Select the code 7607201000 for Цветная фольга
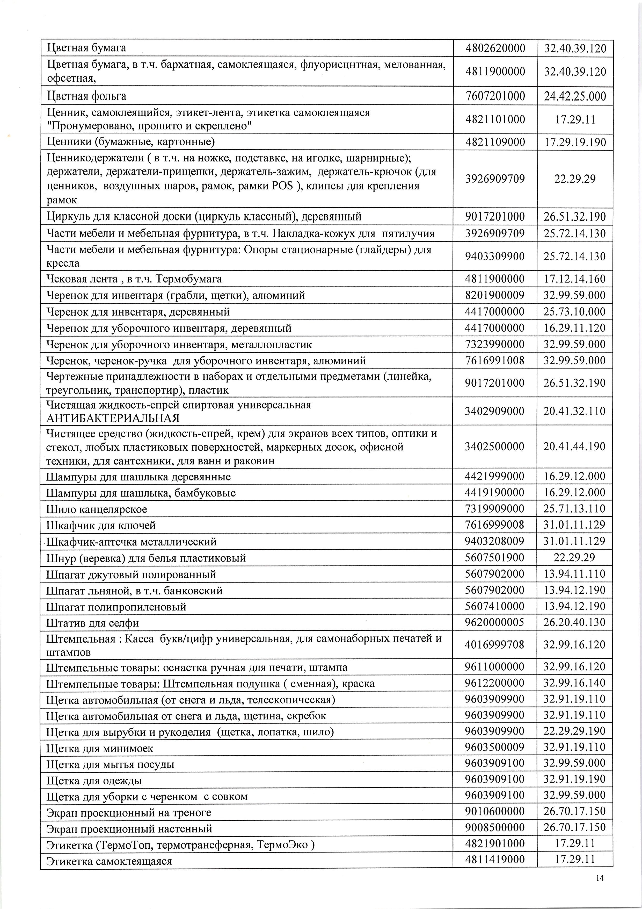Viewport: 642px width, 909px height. pyautogui.click(x=495, y=96)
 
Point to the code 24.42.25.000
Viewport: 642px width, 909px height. pyautogui.click(x=575, y=96)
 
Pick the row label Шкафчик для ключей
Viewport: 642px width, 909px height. pyautogui.click(x=101, y=525)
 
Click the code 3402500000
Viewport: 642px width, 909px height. pyautogui.click(x=495, y=446)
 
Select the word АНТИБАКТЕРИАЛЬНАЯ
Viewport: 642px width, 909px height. pyautogui.click(x=113, y=418)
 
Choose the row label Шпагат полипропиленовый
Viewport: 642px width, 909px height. pyautogui.click(x=116, y=607)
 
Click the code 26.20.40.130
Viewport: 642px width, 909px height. pyautogui.click(x=574, y=622)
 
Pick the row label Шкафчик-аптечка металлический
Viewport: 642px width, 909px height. pyautogui.click(x=132, y=542)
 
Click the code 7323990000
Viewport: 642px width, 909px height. pyautogui.click(x=495, y=344)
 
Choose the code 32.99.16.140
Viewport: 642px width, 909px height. pyautogui.click(x=574, y=683)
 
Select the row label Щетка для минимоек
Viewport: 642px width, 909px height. pyautogui.click(x=100, y=748)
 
